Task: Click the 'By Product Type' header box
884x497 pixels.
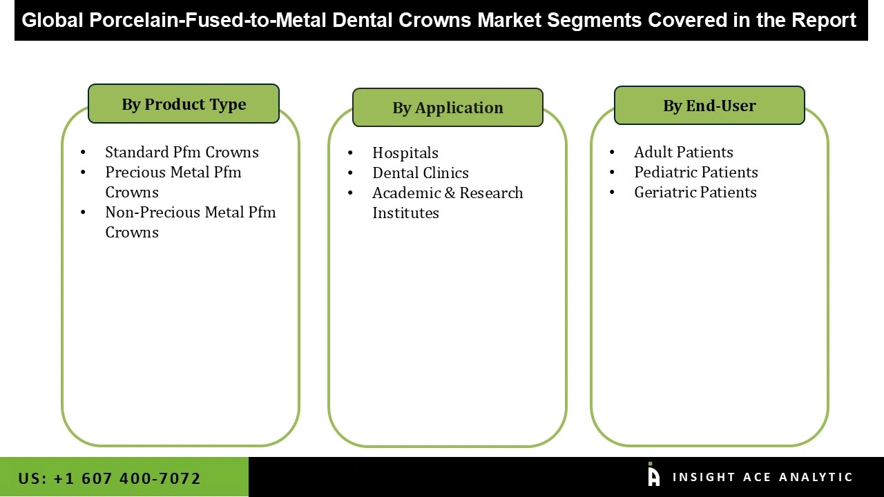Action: (x=184, y=104)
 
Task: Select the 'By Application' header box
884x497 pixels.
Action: (x=448, y=108)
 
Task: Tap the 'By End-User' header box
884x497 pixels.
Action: (x=709, y=106)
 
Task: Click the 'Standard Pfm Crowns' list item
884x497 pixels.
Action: (x=182, y=152)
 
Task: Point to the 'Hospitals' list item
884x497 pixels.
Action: (x=405, y=153)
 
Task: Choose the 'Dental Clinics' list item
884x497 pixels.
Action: (x=420, y=173)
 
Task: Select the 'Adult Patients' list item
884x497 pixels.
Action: (x=683, y=152)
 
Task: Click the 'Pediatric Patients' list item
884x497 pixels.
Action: (x=695, y=172)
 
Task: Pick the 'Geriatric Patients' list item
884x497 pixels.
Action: (x=695, y=192)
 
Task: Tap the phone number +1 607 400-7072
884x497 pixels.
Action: (x=126, y=478)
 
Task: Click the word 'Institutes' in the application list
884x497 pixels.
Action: (x=405, y=213)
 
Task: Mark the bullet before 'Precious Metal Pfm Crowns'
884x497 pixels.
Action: (x=84, y=173)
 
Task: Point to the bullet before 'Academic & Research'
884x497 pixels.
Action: (x=351, y=193)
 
